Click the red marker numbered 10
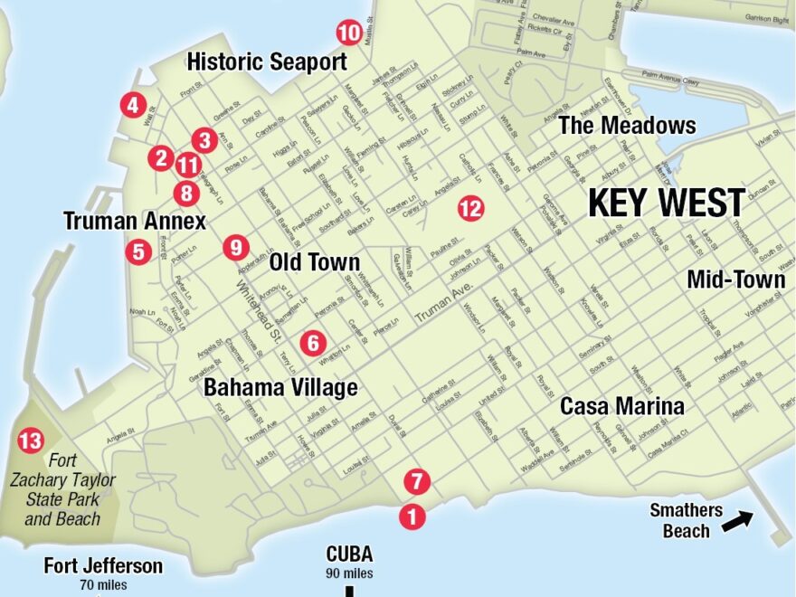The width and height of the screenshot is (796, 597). click(349, 33)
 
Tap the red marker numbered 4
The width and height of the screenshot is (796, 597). click(133, 106)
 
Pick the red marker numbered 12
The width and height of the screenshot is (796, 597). click(470, 209)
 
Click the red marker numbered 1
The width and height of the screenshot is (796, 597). click(412, 516)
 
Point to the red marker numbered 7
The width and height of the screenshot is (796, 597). click(415, 480)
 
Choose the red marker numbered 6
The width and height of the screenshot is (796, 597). click(313, 343)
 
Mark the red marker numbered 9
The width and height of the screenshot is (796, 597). click(235, 246)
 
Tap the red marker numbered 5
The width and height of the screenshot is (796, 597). click(138, 251)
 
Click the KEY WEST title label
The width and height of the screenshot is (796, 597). click(667, 203)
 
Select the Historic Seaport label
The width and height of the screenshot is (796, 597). click(266, 62)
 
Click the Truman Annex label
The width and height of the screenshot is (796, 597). click(135, 221)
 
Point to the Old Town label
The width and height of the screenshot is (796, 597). click(315, 262)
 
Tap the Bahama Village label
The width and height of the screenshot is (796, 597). click(280, 387)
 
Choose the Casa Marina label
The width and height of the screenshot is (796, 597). click(621, 406)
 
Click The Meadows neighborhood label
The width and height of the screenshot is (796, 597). click(627, 125)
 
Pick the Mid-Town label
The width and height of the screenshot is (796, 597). click(735, 280)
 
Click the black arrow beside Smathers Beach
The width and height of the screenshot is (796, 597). click(737, 519)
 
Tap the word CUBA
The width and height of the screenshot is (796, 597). click(349, 554)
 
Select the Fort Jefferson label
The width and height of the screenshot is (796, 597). click(103, 566)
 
